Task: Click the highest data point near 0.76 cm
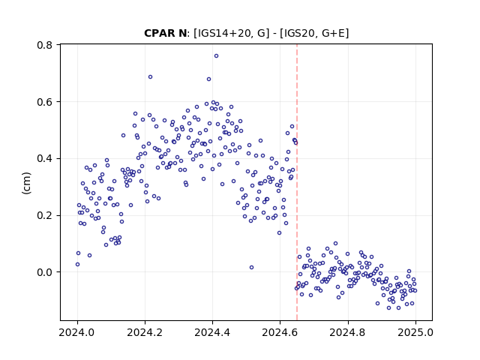[x=216, y=56]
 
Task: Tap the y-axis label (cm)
[x=27, y=183]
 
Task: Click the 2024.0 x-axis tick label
[x=77, y=332]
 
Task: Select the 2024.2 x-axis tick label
[x=145, y=332]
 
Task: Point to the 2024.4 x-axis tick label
[x=212, y=332]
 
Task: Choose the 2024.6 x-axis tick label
[x=280, y=332]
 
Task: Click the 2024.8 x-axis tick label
[x=347, y=332]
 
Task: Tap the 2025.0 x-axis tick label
[x=415, y=332]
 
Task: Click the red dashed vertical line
[x=297, y=182]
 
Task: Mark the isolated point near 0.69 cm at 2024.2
[x=150, y=76]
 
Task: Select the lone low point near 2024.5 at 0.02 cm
[x=251, y=267]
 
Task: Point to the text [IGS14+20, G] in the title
[x=232, y=33]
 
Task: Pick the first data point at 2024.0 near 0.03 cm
[x=77, y=264]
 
